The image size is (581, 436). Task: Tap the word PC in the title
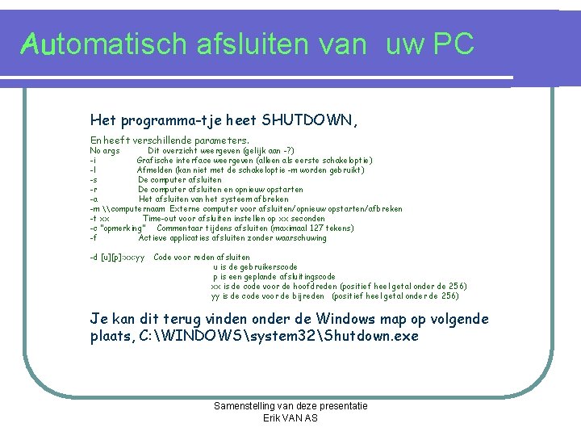(454, 44)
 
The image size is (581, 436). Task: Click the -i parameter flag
(94, 160)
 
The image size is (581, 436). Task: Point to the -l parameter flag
(94, 170)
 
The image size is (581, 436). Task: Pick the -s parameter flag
(94, 179)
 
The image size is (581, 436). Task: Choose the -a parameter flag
(94, 199)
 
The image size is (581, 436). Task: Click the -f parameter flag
(94, 237)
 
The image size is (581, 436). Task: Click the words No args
(105, 150)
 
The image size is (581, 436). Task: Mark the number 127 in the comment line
(315, 228)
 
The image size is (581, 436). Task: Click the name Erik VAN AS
(290, 417)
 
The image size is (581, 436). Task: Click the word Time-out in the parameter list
(162, 218)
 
